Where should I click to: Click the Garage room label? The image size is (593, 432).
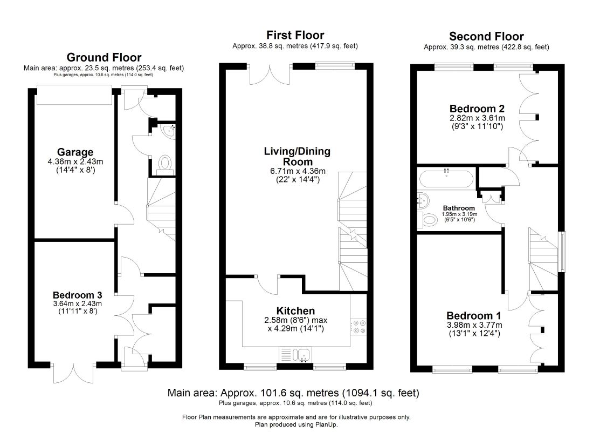coord(75,152)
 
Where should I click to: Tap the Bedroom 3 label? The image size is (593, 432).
coord(78,295)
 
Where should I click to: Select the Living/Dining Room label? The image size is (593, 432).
coord(297,157)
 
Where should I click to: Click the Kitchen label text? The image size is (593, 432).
coord(296,310)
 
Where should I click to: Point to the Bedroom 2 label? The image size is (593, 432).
coord(477,109)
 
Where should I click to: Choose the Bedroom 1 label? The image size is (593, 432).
coord(474,316)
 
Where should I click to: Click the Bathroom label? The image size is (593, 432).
coord(459,208)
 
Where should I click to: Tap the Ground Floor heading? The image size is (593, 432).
coord(104,57)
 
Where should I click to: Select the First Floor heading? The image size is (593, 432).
coord(295,35)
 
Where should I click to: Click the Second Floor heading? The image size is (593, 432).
coord(486,36)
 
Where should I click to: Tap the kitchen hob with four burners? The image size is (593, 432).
coord(358,327)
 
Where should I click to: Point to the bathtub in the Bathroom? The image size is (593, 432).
coord(446,179)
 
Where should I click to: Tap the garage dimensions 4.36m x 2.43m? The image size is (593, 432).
coord(75,161)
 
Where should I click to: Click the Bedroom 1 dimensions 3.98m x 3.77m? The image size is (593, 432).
coord(474,325)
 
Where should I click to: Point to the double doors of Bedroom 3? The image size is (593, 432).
coord(73,373)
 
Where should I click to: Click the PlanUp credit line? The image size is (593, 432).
coord(296,424)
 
